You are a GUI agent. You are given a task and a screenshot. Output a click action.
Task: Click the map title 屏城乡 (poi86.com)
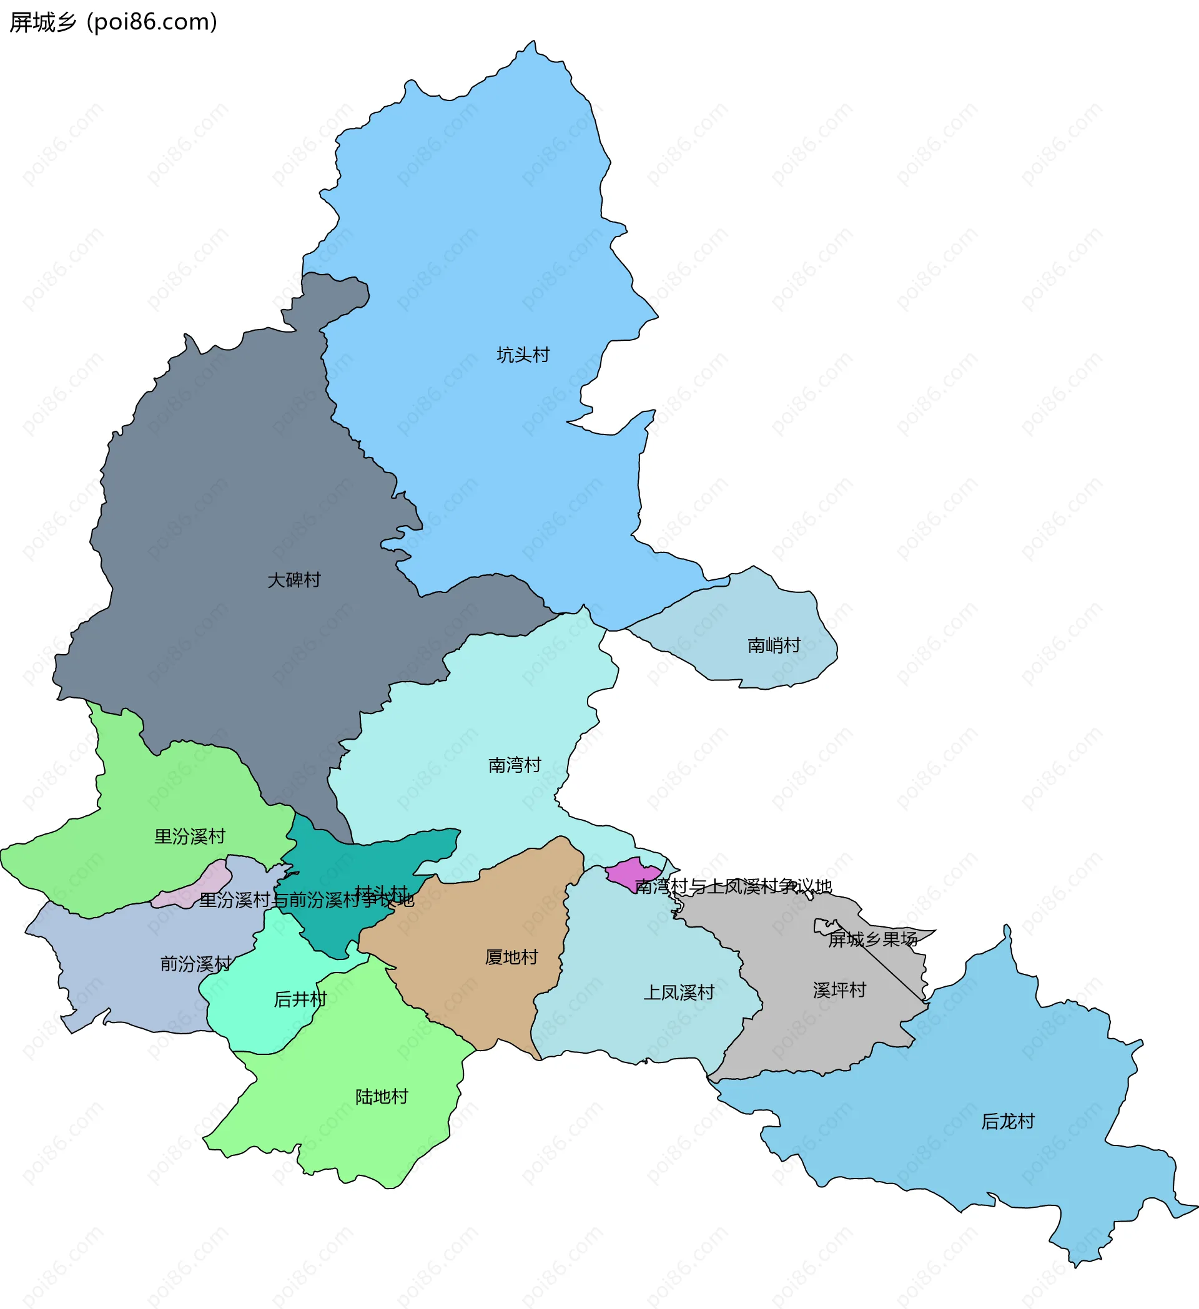113,22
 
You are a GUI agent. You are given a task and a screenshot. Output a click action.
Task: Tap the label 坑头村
523,355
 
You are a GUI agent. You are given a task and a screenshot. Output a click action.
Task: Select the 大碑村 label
294,580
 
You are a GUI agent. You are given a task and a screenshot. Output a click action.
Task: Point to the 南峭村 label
774,645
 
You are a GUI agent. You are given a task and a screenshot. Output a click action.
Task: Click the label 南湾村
515,765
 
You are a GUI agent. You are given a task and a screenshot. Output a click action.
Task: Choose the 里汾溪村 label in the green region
190,836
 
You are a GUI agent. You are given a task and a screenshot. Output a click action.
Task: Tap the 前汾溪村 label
195,964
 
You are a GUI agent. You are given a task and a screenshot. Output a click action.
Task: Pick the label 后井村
300,999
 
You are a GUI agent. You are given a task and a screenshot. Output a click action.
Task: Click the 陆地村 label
382,1097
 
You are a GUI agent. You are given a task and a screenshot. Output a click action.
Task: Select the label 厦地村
511,957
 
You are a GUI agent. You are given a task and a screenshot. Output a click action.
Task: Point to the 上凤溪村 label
679,992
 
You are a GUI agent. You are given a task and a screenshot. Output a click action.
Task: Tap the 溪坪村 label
839,989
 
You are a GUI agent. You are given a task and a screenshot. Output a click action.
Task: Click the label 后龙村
1007,1121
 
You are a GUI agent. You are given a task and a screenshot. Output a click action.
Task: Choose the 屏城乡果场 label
872,939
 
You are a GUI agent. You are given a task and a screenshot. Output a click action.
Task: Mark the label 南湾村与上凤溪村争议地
733,886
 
